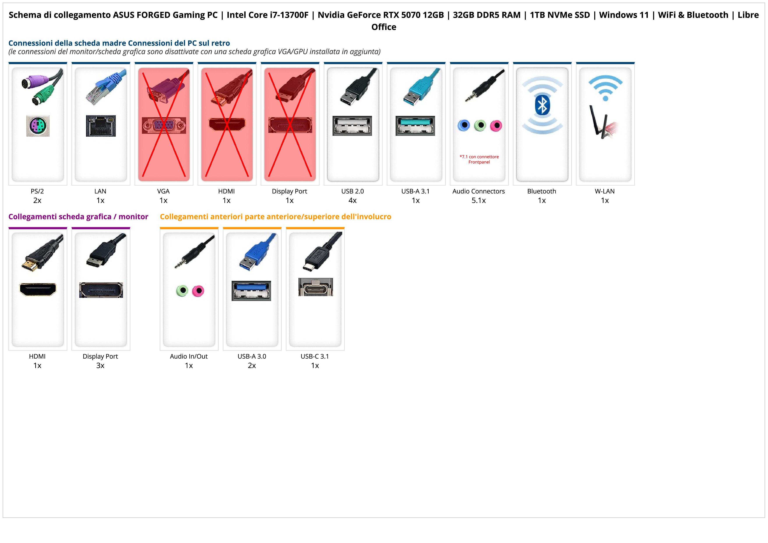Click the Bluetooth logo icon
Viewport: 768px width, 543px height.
tap(542, 105)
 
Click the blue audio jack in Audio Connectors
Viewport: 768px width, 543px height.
tap(464, 126)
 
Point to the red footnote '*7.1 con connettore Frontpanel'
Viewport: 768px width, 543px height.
tap(479, 159)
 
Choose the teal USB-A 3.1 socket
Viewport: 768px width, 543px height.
tap(415, 126)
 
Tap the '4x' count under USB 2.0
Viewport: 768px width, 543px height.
tap(352, 200)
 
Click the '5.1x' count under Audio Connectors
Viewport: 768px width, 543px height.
tap(479, 200)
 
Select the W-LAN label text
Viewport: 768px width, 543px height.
tap(604, 191)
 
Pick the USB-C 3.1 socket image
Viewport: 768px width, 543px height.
tap(315, 287)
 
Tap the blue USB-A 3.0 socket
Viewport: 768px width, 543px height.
tap(251, 291)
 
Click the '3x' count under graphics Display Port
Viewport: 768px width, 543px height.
tap(100, 366)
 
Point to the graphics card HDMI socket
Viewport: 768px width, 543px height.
tap(38, 289)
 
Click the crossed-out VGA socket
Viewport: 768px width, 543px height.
tap(164, 126)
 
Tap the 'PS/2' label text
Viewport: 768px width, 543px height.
tap(37, 191)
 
